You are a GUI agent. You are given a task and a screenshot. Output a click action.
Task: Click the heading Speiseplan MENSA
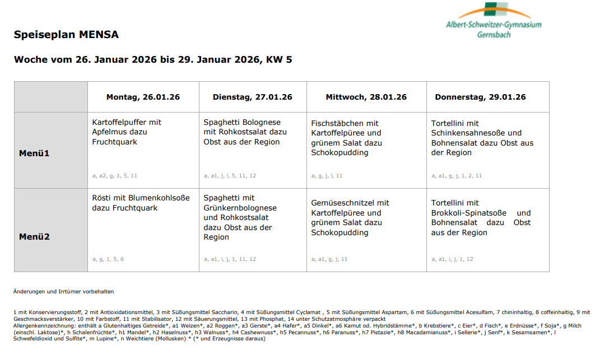(66, 35)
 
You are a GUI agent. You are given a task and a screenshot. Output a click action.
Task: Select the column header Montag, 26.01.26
(143, 97)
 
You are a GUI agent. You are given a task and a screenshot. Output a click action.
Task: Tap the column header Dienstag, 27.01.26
(252, 97)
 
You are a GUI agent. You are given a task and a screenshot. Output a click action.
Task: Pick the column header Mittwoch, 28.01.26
(366, 97)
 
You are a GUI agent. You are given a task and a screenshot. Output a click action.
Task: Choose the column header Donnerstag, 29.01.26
(480, 97)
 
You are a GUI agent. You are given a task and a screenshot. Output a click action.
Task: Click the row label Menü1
(34, 153)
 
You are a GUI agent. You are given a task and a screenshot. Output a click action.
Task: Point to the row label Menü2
(34, 237)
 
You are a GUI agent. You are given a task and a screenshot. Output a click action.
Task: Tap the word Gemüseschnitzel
(343, 203)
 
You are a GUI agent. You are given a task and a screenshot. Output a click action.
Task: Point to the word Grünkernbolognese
(240, 208)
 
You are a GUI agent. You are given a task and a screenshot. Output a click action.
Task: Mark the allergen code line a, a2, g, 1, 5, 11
(115, 176)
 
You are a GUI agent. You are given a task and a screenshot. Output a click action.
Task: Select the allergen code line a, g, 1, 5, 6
(108, 259)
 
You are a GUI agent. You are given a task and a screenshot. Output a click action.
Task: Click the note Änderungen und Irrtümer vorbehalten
(63, 292)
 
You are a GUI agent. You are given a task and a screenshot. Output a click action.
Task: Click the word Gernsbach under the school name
(494, 35)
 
